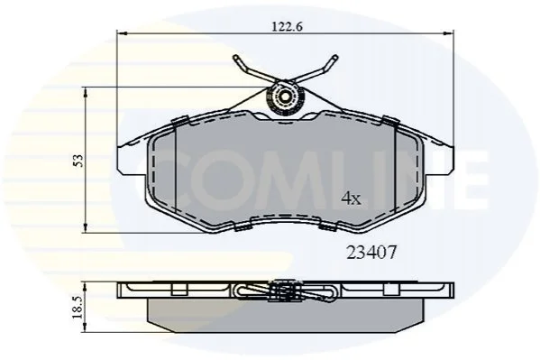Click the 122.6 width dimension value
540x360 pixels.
[287, 26]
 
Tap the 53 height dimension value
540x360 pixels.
[78, 161]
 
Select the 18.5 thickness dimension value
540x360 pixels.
[78, 307]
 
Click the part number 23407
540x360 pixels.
[371, 253]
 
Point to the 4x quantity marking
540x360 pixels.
[351, 198]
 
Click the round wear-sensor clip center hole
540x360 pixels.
[285, 97]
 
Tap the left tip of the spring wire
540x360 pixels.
[236, 58]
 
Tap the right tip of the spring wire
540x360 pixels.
[334, 58]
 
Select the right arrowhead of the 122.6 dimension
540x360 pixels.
[449, 33]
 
